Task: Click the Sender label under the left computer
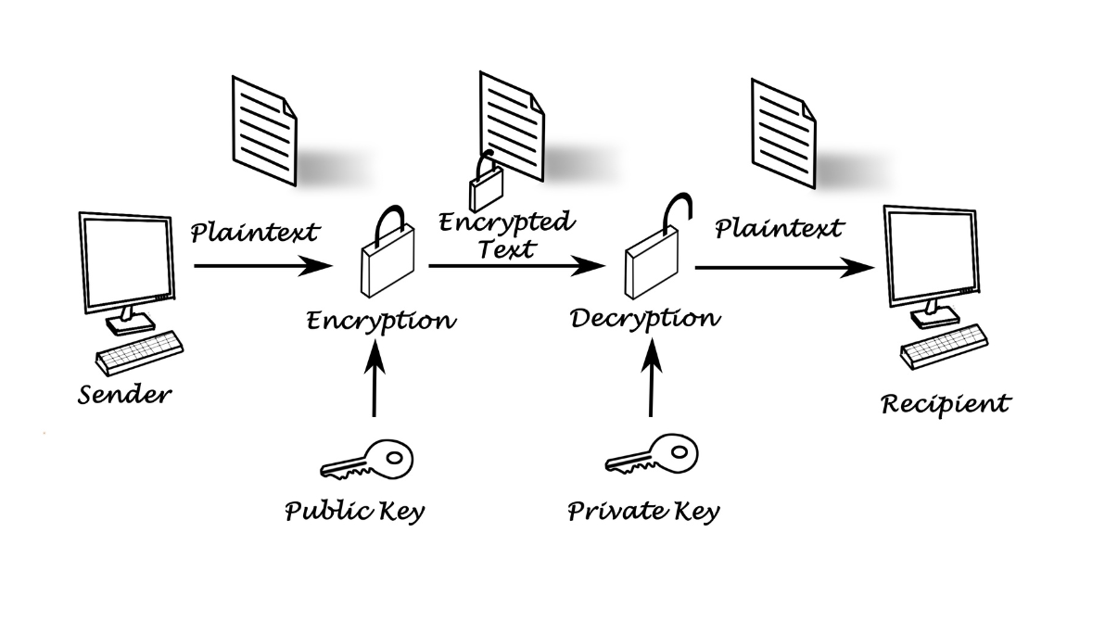124,394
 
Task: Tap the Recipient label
945,404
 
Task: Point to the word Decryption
644,318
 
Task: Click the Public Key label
354,511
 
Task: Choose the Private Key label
643,511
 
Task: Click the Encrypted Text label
506,235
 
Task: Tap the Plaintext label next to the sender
255,231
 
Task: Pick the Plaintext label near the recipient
780,227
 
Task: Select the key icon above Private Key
650,458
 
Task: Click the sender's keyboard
140,350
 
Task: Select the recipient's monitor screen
931,254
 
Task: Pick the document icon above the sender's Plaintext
264,130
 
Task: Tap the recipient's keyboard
944,344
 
